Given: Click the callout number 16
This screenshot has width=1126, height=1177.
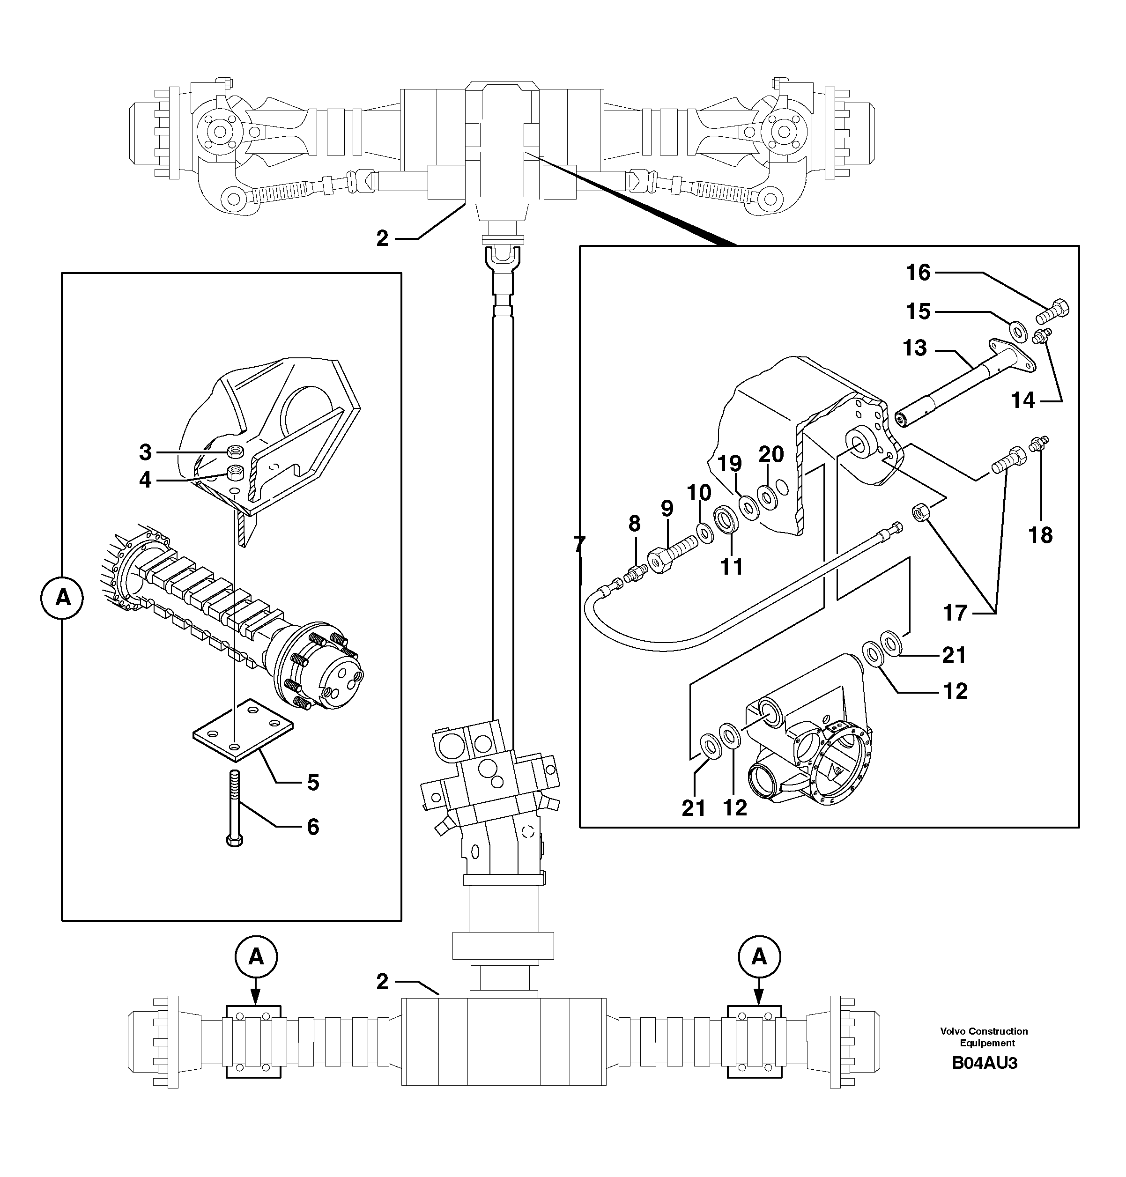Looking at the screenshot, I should [918, 273].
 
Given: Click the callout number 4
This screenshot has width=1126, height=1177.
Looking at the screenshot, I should [145, 480].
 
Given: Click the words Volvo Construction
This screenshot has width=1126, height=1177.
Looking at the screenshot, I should [984, 1032].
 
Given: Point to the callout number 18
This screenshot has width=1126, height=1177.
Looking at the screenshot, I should [1040, 535].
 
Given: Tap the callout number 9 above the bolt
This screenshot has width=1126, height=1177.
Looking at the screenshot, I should [667, 509].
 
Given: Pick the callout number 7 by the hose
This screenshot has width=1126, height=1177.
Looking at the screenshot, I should [578, 544].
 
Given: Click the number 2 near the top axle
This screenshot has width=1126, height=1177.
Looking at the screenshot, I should [382, 239].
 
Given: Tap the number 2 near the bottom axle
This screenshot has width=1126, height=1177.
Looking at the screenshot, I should [382, 983].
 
